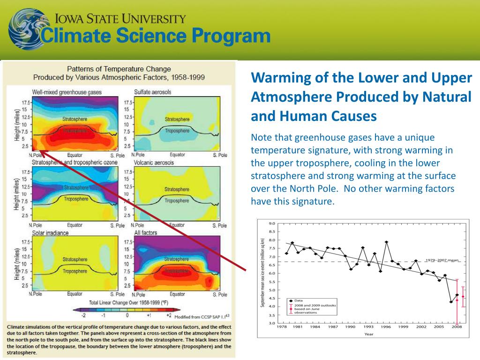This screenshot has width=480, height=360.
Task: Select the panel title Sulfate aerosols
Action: pyautogui.click(x=152, y=92)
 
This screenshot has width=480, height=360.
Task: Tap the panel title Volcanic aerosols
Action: pyautogui.click(x=154, y=163)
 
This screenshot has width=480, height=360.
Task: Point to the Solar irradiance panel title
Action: pyautogui.click(x=50, y=232)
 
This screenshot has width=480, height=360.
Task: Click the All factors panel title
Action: pyautogui.click(x=146, y=232)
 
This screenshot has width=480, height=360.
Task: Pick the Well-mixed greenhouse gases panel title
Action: pyautogui.click(x=67, y=92)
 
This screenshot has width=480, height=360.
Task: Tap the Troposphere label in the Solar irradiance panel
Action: pyautogui.click(x=75, y=271)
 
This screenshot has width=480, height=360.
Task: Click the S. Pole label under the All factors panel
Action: pyautogui.click(x=219, y=294)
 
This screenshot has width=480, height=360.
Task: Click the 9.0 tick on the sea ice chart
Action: pyautogui.click(x=272, y=224)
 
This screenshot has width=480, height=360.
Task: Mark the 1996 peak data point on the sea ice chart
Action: pyautogui.click(x=386, y=242)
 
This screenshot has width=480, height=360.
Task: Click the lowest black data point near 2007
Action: pyautogui.click(x=451, y=302)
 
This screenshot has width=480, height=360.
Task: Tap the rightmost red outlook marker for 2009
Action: pyautogui.click(x=463, y=296)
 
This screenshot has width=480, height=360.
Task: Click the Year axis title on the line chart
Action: pyautogui.click(x=369, y=334)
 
